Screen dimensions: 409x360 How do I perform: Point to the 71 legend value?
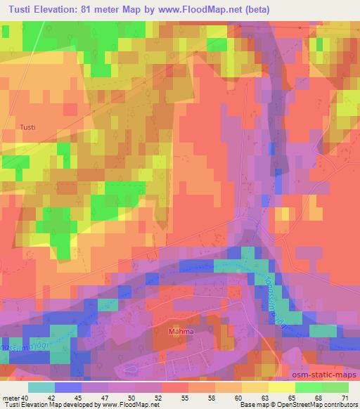click(344, 397)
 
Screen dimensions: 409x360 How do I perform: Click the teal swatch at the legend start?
click(41, 387)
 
